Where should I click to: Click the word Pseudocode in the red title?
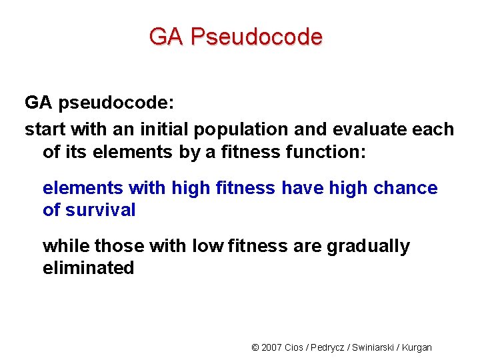(255, 37)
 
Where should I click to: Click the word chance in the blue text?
(405, 188)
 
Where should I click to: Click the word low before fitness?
(207, 246)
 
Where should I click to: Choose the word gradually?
(368, 247)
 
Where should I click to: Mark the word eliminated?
(88, 268)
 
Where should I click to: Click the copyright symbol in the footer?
(255, 347)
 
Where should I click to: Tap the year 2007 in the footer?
(271, 347)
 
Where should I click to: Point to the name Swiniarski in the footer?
(375, 347)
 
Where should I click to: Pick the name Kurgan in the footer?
(418, 347)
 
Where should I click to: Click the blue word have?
(301, 188)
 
